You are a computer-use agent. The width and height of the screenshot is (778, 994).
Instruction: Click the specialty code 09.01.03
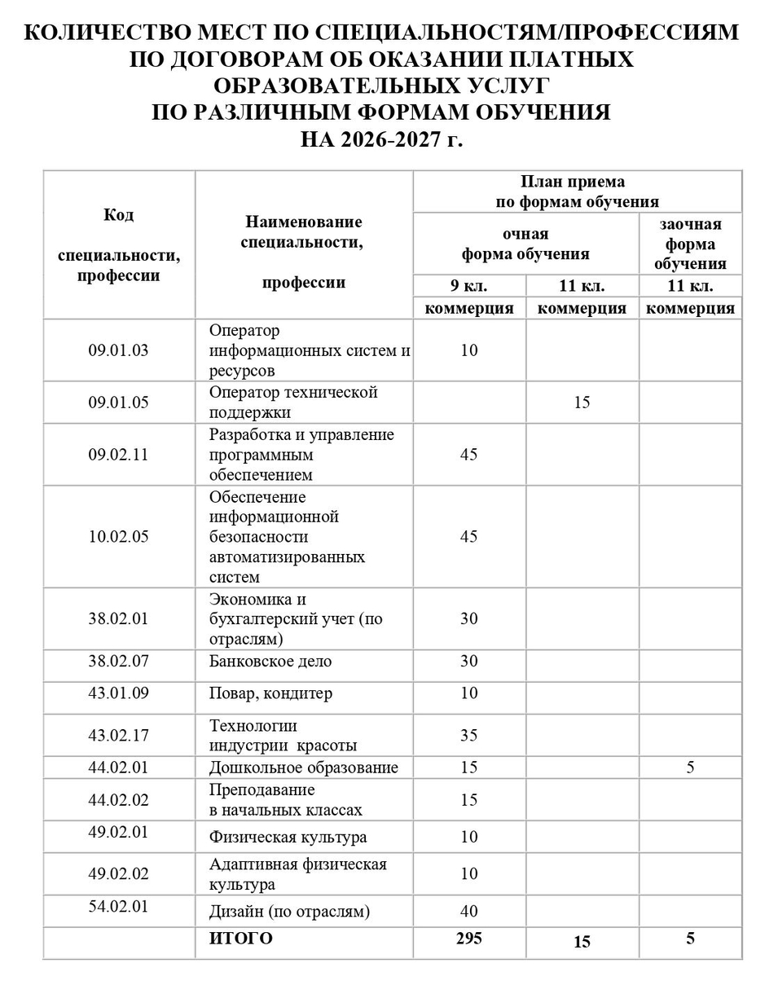coord(119,350)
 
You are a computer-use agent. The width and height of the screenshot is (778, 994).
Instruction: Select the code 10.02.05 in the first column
coord(119,537)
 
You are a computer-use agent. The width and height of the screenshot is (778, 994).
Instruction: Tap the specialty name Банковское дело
coord(270,662)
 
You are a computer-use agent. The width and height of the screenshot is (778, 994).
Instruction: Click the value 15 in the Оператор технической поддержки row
coord(582,402)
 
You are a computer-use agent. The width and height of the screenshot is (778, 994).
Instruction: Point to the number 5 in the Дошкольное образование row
coord(690,767)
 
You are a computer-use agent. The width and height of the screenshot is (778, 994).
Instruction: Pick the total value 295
coord(468,938)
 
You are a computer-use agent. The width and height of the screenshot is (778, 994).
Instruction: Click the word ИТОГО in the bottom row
coord(241,939)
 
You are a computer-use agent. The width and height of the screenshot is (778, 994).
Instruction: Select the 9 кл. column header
coord(469,286)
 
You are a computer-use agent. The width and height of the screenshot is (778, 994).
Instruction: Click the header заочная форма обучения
coord(690,244)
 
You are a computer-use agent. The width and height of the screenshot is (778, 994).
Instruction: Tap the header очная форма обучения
coord(525,244)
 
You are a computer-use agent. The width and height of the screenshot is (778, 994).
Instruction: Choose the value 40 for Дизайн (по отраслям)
coord(468,912)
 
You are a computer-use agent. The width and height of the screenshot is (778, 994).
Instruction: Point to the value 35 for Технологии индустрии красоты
coord(468,736)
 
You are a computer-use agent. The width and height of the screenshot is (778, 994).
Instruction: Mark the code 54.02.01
coord(119,907)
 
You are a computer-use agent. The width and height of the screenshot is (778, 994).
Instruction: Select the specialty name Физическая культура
coord(288,837)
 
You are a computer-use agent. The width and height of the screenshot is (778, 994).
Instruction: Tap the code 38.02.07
coord(119,661)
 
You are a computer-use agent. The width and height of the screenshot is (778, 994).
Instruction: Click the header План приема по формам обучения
coord(578,191)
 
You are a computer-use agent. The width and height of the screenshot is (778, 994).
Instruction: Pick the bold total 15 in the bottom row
coord(582,942)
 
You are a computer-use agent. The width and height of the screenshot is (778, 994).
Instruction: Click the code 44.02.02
coord(119,800)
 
